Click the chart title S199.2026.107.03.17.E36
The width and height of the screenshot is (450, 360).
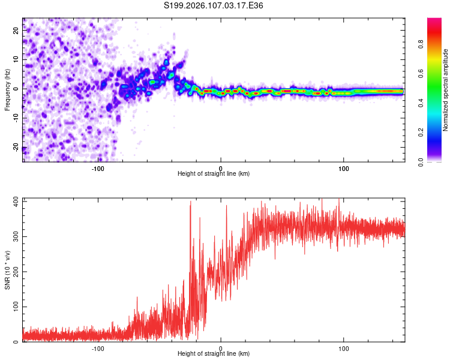click(214, 5)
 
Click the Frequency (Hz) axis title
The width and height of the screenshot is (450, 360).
click(7, 90)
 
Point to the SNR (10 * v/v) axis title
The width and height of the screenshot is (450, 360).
click(7, 270)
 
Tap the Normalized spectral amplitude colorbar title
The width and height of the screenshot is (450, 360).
click(446, 90)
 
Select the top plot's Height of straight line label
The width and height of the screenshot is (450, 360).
click(214, 173)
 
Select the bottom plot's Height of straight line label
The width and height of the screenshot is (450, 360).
click(214, 353)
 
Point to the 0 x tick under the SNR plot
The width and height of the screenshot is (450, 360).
click(221, 348)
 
